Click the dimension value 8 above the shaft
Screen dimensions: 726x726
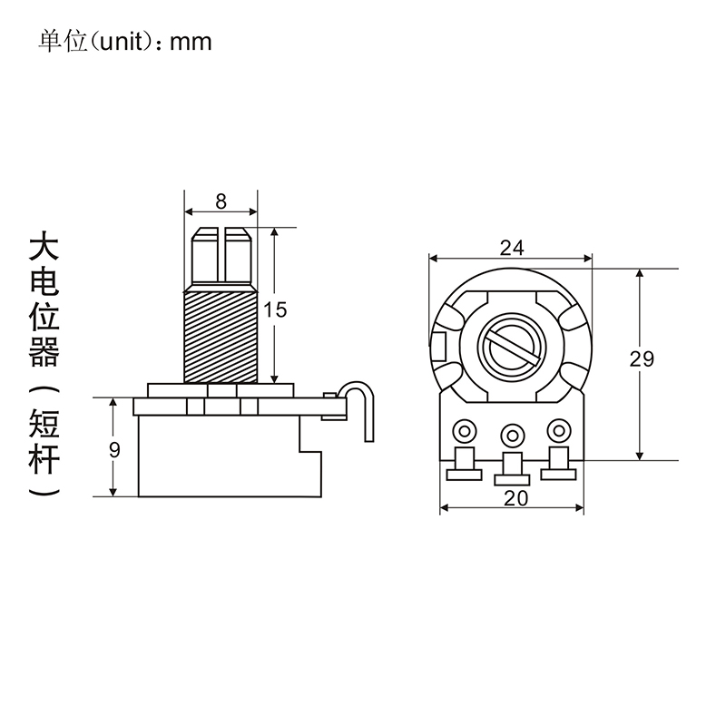tap(221, 201)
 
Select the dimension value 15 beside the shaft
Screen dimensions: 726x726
tap(275, 309)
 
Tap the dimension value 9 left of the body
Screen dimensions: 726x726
tap(114, 449)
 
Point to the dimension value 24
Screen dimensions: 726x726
tap(512, 248)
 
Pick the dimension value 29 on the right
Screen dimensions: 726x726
tap(642, 358)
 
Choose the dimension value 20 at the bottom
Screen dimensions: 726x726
tap(515, 498)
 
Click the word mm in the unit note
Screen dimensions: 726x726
tap(191, 42)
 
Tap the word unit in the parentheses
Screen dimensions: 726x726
tap(120, 42)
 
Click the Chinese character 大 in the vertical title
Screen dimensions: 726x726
tap(44, 249)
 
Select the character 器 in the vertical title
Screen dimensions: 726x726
tap(44, 352)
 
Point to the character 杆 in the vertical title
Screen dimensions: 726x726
tap(44, 459)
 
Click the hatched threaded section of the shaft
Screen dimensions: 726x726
tap(221, 337)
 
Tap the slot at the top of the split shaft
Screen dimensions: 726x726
tap(221, 255)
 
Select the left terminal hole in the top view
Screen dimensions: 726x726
tap(465, 431)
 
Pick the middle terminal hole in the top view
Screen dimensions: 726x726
tap(512, 436)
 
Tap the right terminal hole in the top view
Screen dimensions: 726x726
tap(559, 430)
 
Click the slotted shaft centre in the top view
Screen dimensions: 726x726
tap(512, 347)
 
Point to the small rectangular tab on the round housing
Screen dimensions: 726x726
tap(438, 347)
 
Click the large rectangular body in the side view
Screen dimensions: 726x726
tap(231, 456)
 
